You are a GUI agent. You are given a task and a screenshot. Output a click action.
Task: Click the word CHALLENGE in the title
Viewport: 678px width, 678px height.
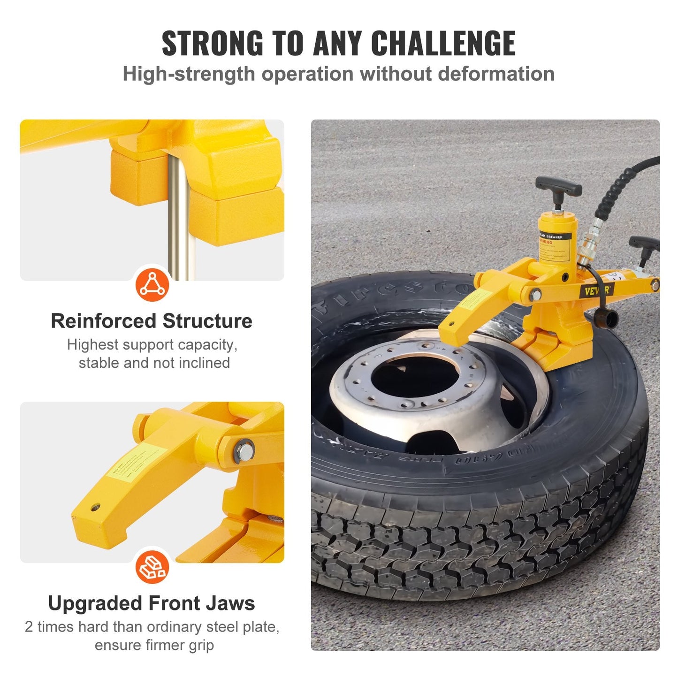pyautogui.click(x=443, y=43)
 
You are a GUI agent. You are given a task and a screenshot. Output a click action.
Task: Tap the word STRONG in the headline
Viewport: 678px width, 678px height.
pyautogui.click(x=212, y=43)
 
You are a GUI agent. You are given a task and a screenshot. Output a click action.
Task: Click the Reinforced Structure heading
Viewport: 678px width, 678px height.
pyautogui.click(x=152, y=321)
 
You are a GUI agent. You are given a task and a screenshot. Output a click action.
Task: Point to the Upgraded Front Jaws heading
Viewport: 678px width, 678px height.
pyautogui.click(x=152, y=603)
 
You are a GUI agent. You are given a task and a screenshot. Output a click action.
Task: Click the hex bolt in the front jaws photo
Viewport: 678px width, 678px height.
pyautogui.click(x=244, y=451)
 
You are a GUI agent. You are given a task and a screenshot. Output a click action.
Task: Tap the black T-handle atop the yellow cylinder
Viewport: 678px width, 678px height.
pyautogui.click(x=558, y=186)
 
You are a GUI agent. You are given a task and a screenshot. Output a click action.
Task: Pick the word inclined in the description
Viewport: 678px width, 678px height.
pyautogui.click(x=206, y=363)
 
